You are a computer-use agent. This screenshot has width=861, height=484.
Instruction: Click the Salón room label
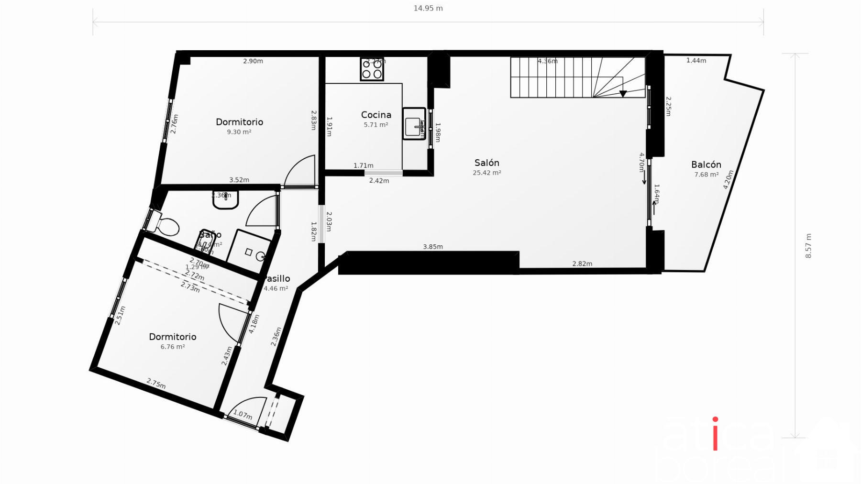(x=486, y=163)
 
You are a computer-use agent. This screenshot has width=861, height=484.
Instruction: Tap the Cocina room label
(x=376, y=115)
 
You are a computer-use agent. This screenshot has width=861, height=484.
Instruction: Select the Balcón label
(x=706, y=165)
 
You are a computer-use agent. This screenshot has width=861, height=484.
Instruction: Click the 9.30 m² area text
(x=239, y=132)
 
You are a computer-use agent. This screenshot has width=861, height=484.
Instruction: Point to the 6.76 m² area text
(x=173, y=347)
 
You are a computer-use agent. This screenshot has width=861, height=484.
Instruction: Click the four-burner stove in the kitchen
(x=372, y=69)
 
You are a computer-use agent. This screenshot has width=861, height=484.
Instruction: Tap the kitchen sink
(x=414, y=124)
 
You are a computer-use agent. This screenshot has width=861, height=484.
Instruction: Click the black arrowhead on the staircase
(x=623, y=94)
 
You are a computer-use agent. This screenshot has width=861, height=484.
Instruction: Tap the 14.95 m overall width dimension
(x=428, y=8)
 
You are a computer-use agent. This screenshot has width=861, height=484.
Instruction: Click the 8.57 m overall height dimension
(x=808, y=246)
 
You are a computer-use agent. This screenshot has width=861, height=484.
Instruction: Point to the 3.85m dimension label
(x=433, y=247)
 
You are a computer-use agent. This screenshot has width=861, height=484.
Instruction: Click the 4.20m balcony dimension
(x=728, y=180)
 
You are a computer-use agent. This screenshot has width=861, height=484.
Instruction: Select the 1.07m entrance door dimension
(x=243, y=415)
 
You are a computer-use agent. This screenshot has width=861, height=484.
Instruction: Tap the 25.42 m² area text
(x=486, y=173)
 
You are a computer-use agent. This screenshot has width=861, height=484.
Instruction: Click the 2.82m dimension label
(x=582, y=264)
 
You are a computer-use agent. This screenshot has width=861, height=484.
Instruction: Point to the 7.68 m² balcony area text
(x=706, y=175)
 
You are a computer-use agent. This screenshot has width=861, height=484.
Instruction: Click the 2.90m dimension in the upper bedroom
(x=253, y=61)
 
